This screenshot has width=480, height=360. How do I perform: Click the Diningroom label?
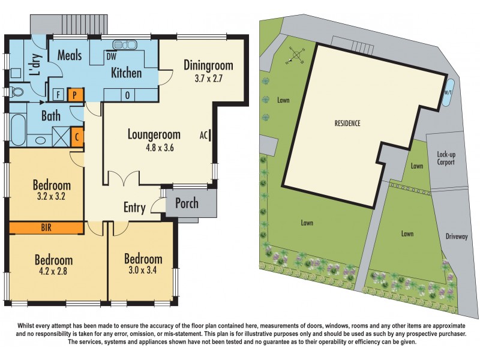[x=208, y=65]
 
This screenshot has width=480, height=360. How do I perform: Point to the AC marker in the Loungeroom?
[x=204, y=136]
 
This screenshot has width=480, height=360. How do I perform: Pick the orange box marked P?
[x=76, y=94]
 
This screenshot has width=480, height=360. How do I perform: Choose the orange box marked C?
[x=77, y=136]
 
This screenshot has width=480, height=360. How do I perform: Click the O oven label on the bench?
[x=127, y=94]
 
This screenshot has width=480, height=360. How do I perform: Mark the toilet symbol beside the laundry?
[x=16, y=92]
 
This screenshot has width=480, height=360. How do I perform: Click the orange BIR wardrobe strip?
[x=46, y=227]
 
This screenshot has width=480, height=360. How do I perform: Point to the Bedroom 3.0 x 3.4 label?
[x=143, y=265]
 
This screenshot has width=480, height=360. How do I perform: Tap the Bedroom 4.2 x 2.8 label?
[x=53, y=266]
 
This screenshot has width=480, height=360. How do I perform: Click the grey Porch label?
[x=186, y=203]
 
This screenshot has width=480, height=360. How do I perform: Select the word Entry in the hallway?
[x=134, y=208]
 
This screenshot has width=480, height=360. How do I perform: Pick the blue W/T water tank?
[x=447, y=93]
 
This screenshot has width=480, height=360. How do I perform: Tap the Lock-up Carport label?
[x=446, y=158]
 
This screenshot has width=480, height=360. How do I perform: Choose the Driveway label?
[x=456, y=236]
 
